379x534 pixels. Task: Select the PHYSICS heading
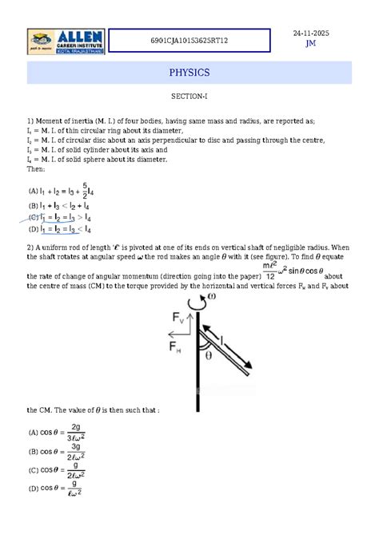(x=189, y=73)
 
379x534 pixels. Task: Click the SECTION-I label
(x=189, y=96)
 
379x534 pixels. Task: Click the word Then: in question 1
(x=37, y=168)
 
